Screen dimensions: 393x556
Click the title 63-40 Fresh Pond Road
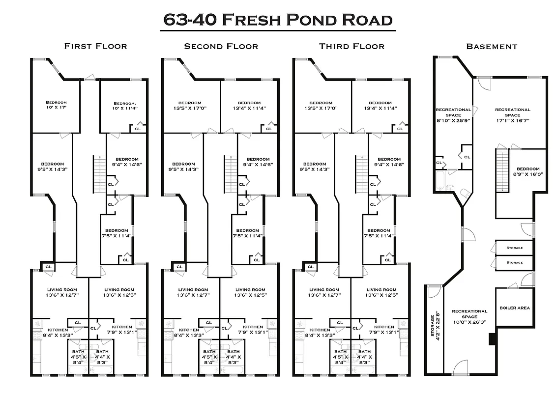(278, 20)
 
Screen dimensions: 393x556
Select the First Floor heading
(95, 46)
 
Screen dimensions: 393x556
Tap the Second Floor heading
(221, 46)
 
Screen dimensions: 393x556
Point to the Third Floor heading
(351, 46)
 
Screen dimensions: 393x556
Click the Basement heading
(492, 47)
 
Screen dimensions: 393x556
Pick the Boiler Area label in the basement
(514, 308)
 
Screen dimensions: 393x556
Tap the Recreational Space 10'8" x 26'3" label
(469, 316)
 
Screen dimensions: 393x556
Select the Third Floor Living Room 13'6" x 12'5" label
(381, 293)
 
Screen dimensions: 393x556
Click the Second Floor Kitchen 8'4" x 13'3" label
(189, 333)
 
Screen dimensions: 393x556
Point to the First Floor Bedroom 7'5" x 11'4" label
(116, 233)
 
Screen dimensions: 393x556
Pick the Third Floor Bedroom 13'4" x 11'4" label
(380, 105)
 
